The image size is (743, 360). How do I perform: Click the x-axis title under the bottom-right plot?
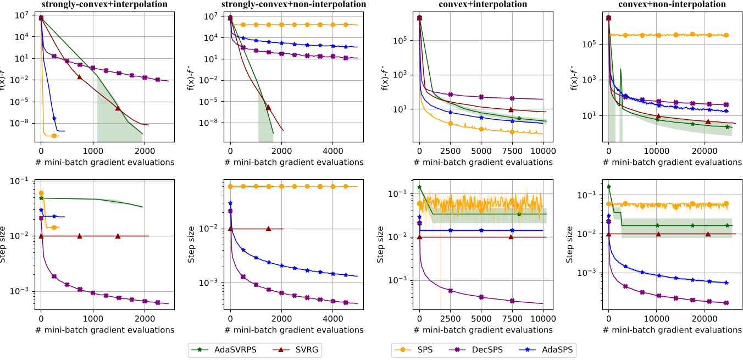tap(670, 330)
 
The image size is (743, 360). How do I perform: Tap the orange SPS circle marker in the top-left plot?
tap(54, 135)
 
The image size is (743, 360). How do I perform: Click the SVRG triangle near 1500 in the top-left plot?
tap(118, 108)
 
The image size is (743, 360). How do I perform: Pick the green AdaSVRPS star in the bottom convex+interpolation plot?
tap(519, 214)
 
